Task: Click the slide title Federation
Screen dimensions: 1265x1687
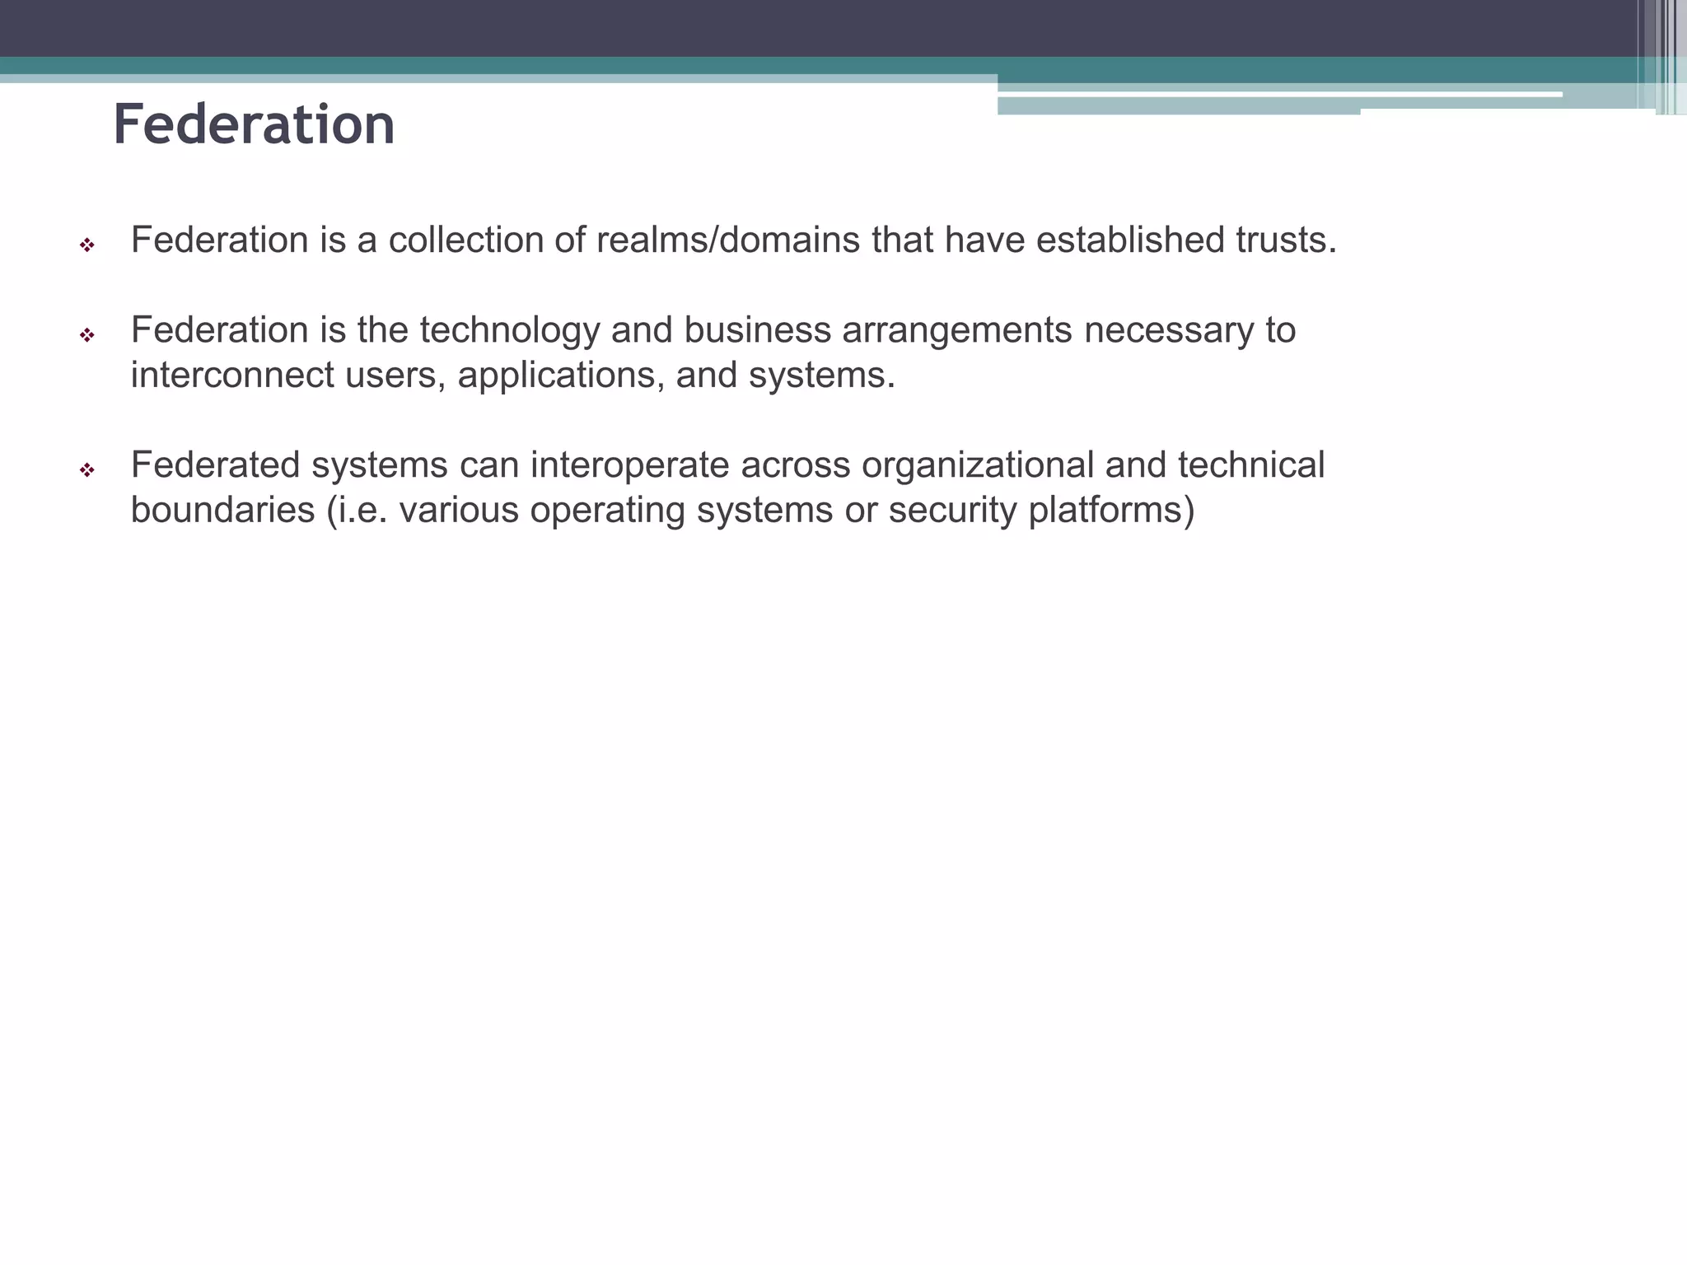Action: tap(254, 125)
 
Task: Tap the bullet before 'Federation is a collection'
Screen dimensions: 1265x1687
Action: tap(86, 245)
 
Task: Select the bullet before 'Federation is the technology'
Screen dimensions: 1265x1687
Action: tap(86, 335)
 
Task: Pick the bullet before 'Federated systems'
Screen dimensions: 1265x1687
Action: tap(86, 470)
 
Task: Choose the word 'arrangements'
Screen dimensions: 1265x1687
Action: tap(957, 331)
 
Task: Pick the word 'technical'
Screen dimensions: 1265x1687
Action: tap(1250, 465)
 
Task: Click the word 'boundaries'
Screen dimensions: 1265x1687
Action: tap(222, 511)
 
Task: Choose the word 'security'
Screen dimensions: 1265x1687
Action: tap(952, 511)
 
